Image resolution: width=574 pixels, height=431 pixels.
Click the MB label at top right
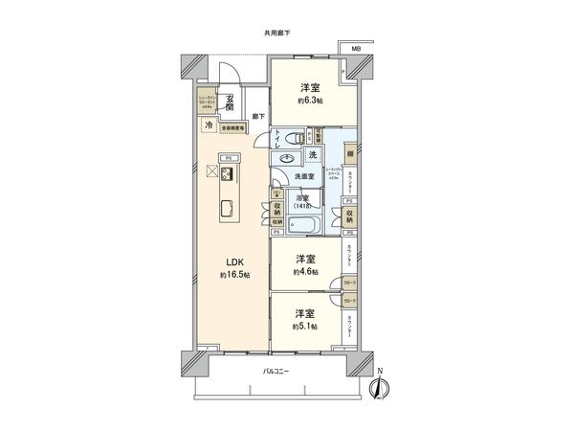pyautogui.click(x=355, y=47)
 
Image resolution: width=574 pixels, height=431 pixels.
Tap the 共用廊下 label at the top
pyautogui.click(x=276, y=34)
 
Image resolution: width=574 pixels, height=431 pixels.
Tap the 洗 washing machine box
pyautogui.click(x=312, y=155)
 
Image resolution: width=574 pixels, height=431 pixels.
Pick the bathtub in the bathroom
pyautogui.click(x=305, y=226)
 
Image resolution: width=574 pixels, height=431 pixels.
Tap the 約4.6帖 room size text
pyautogui.click(x=305, y=273)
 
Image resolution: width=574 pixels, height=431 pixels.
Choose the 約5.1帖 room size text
pyautogui.click(x=305, y=327)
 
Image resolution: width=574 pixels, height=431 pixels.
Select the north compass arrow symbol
pyautogui.click(x=378, y=387)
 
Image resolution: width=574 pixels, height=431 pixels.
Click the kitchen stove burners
pyautogui.click(x=230, y=175)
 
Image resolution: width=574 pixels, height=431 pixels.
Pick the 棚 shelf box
pyautogui.click(x=351, y=153)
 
